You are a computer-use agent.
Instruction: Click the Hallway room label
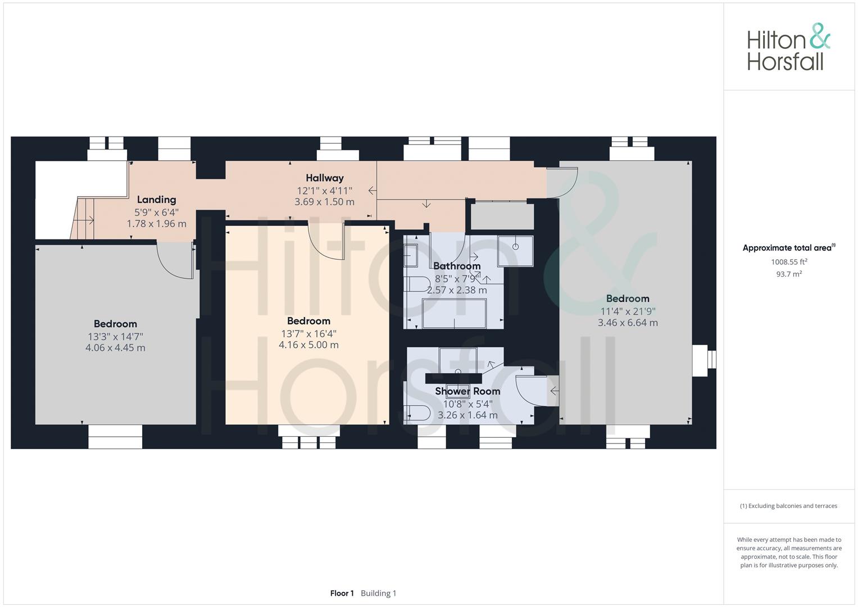coord(324,178)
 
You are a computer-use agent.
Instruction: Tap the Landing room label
coord(157,200)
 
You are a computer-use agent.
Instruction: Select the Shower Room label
coord(467,391)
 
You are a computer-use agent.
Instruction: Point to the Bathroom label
coord(457,266)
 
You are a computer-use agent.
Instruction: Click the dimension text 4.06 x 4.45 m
coord(115,347)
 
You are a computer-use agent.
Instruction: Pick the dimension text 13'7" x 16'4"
coord(308,333)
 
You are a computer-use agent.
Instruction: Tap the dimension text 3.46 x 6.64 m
coord(628,323)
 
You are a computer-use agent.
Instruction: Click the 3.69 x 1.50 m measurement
coord(324,202)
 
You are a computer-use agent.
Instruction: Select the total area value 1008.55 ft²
coord(789,262)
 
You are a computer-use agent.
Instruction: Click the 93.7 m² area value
coord(789,274)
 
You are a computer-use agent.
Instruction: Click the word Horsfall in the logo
coord(785,62)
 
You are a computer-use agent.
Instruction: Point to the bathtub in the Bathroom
coord(454,314)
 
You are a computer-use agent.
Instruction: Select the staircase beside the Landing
coord(83,218)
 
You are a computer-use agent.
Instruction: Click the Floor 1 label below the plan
coord(342,593)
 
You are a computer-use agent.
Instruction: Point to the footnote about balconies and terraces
coord(789,506)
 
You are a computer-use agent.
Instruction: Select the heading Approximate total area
coord(789,247)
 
